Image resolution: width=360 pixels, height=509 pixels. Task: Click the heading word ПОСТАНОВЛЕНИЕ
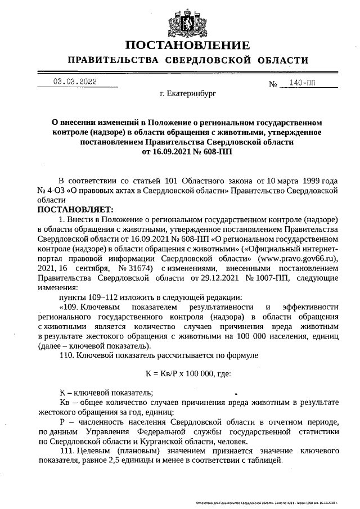pyautogui.click(x=187, y=45)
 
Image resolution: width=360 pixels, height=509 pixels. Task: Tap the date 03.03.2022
pyautogui.click(x=74, y=82)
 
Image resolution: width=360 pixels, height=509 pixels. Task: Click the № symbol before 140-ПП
pyautogui.click(x=274, y=84)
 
